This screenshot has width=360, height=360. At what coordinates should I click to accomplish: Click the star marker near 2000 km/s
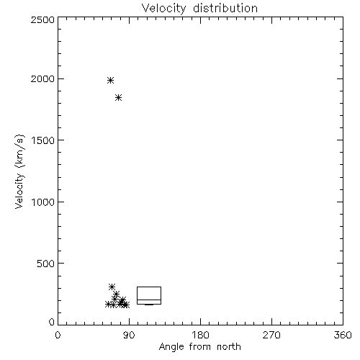click(x=110, y=80)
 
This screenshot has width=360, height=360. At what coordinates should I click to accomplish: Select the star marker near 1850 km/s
click(x=118, y=98)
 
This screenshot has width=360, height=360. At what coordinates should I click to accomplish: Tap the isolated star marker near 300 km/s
click(x=112, y=287)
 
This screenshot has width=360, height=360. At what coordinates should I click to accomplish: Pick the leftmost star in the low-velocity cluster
click(x=108, y=305)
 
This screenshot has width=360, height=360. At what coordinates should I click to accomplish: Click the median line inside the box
click(x=149, y=300)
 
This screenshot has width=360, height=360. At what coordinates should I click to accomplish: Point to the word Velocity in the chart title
click(x=163, y=9)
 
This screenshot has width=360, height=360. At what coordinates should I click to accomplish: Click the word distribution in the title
click(x=225, y=8)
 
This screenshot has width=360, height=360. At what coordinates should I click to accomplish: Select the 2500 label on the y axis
click(x=42, y=19)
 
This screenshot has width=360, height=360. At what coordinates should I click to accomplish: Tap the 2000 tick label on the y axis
click(x=42, y=78)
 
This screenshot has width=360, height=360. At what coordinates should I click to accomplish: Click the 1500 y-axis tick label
click(x=43, y=140)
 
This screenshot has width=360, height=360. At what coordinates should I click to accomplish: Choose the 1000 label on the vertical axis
click(x=43, y=202)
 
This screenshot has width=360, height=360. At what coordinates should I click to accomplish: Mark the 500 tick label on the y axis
click(x=46, y=264)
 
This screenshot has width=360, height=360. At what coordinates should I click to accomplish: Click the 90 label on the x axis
click(x=129, y=335)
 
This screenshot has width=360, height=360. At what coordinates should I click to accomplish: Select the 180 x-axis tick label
click(x=200, y=335)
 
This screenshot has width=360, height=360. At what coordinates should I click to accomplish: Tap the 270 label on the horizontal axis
click(x=271, y=335)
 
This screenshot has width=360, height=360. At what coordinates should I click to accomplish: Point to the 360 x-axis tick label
click(x=343, y=335)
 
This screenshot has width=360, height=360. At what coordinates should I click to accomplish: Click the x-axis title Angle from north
click(x=200, y=347)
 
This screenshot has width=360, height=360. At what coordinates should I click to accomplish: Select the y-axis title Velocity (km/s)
click(x=19, y=171)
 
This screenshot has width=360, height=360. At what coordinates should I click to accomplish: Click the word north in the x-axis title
click(x=229, y=347)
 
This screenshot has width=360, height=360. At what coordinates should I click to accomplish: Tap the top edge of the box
click(x=149, y=287)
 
